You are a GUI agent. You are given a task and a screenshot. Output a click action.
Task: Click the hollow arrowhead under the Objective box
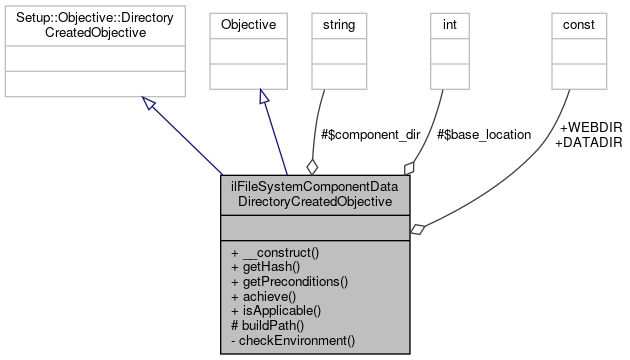[x=263, y=97]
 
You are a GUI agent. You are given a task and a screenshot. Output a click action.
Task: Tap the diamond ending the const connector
[x=417, y=229]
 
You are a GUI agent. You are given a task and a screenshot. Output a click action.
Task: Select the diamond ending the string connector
[x=311, y=166]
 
